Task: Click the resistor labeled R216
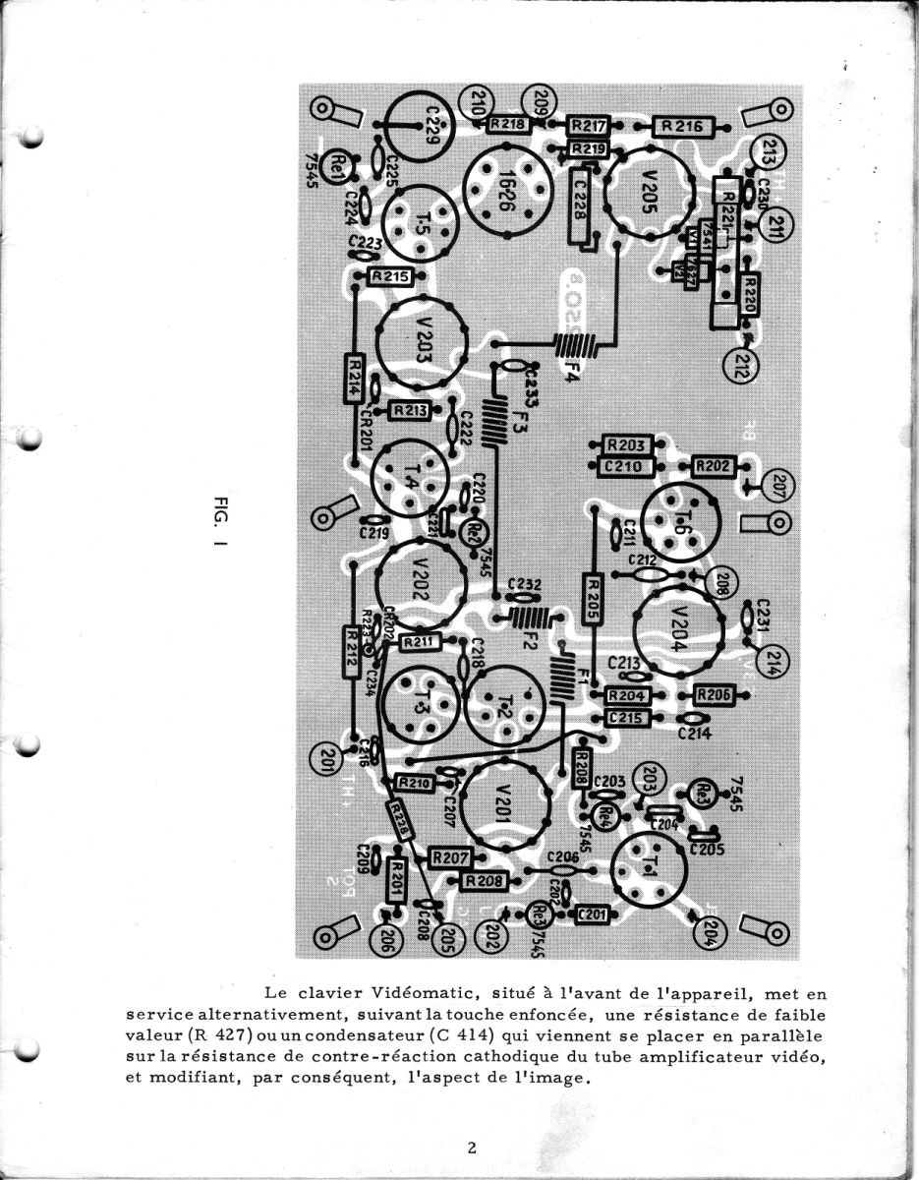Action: [680, 126]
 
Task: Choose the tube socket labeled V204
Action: [681, 624]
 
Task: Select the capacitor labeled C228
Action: [581, 204]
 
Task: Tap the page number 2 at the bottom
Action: [473, 1148]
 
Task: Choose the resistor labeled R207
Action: [451, 857]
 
